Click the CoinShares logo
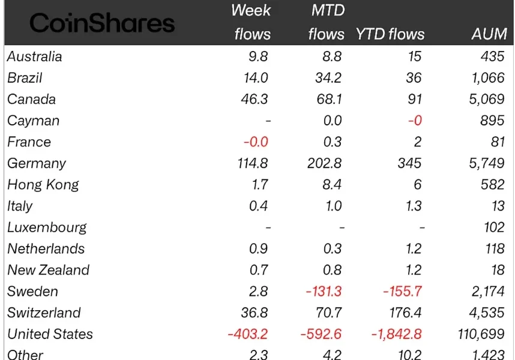click(102, 23)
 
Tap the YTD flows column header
click(390, 34)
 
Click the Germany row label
click(37, 163)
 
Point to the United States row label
click(50, 334)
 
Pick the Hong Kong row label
click(43, 185)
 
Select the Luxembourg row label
click(47, 227)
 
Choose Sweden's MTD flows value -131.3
click(325, 292)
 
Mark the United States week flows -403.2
click(248, 334)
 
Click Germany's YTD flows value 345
click(409, 163)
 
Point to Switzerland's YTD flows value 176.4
click(403, 313)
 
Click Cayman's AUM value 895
click(492, 121)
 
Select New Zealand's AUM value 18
click(496, 270)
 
